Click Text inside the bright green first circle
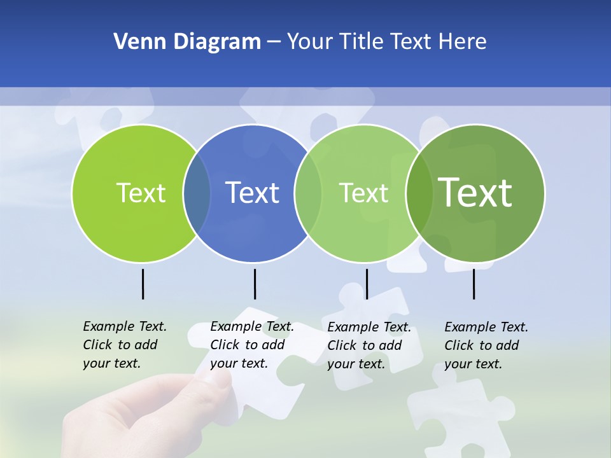[141, 193]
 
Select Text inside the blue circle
[252, 193]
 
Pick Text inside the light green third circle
[363, 193]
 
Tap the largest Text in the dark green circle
[475, 193]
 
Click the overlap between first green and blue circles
[197, 193]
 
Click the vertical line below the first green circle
[143, 284]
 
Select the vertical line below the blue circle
[255, 284]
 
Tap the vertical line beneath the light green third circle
[367, 284]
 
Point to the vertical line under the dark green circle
[474, 284]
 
